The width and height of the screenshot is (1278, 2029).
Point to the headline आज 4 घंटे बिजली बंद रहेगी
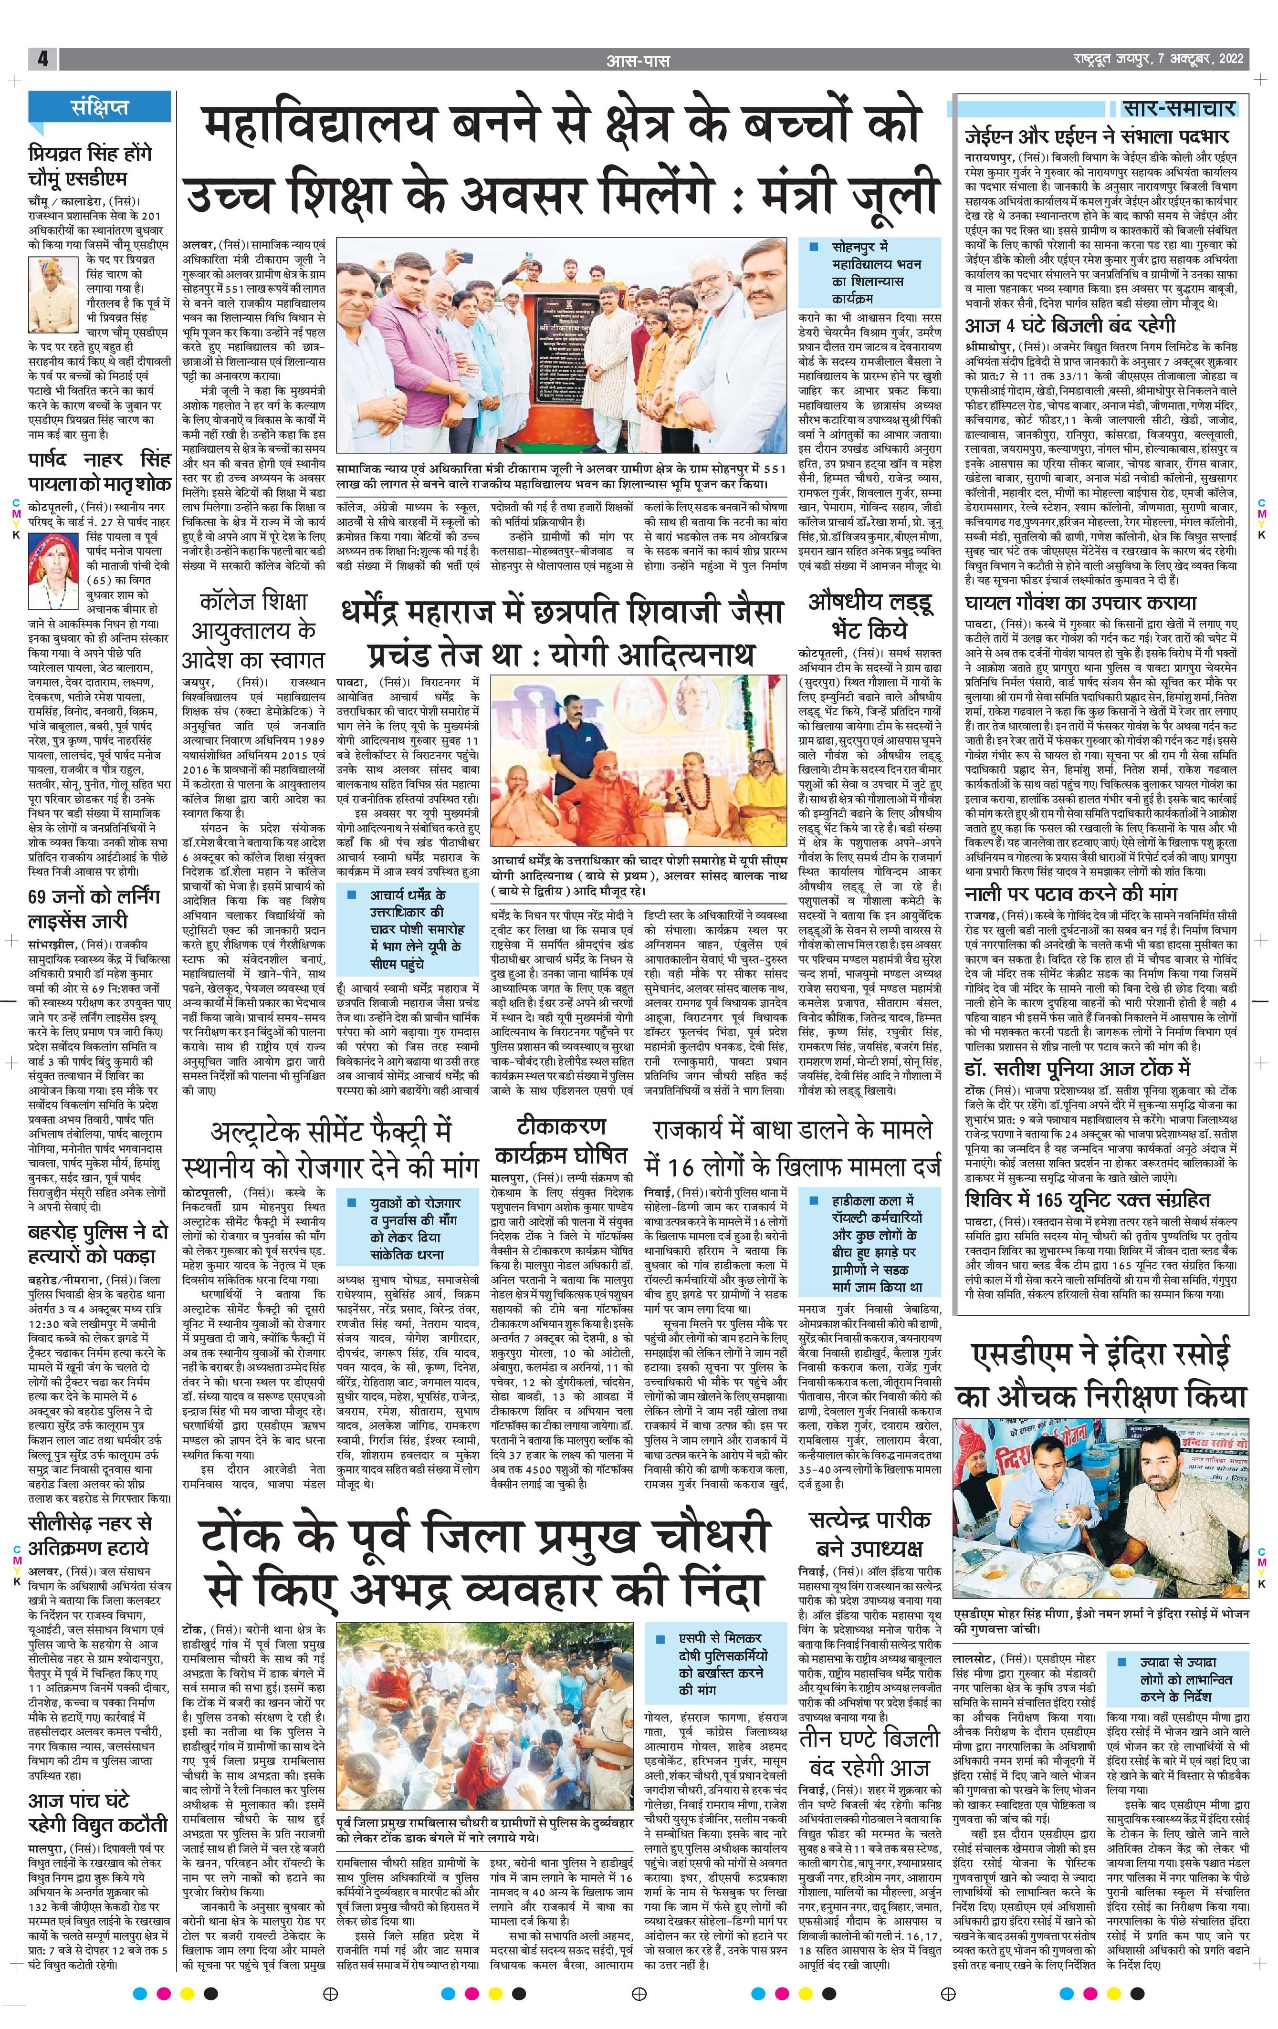[1070, 325]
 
